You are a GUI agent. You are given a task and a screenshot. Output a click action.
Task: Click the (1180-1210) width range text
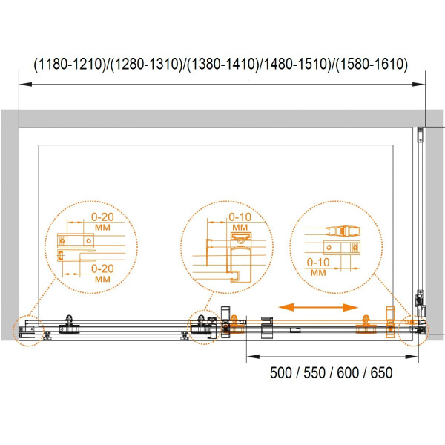tap(70, 64)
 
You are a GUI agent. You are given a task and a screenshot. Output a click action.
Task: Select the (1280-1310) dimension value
tap(146, 64)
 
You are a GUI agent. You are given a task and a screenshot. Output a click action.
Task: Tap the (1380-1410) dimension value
tap(223, 64)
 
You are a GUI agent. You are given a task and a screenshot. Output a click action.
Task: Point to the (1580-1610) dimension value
tap(372, 64)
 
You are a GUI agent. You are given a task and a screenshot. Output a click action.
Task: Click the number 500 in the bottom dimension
tap(280, 372)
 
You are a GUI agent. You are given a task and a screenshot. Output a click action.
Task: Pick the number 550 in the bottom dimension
tap(314, 372)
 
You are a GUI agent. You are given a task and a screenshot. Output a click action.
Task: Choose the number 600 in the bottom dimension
tap(348, 372)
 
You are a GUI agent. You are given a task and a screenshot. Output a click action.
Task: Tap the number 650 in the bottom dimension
tap(382, 372)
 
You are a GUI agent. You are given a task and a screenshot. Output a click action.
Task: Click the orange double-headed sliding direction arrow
tap(318, 307)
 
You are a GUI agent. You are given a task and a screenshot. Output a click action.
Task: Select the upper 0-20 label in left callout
tap(102, 217)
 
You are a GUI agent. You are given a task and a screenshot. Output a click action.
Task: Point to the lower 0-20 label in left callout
tap(102, 268)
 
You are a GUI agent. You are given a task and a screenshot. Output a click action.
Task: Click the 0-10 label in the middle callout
tap(240, 217)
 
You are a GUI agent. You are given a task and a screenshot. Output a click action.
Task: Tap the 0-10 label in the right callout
tap(318, 263)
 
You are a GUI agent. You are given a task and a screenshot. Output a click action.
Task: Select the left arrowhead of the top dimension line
tap(25, 85)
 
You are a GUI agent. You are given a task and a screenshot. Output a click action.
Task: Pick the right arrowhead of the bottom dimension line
tap(412, 357)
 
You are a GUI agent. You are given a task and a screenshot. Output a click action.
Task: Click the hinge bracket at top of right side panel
tap(421, 134)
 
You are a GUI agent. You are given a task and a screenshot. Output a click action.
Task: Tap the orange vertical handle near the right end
tap(390, 322)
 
